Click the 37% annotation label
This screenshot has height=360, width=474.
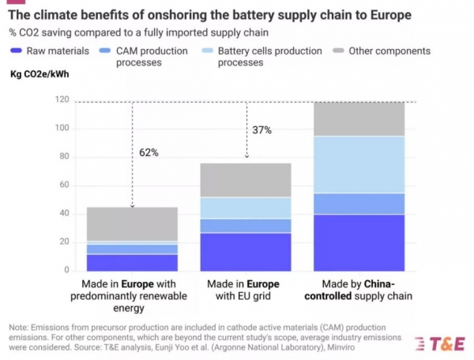click(x=261, y=129)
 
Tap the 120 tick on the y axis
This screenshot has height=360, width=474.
click(x=62, y=100)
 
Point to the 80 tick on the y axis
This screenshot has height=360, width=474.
click(x=64, y=157)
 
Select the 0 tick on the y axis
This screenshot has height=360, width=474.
click(x=66, y=271)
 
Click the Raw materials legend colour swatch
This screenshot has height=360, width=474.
click(x=16, y=51)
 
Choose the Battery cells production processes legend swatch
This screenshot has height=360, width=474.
click(x=206, y=51)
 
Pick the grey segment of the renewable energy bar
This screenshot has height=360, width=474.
click(x=133, y=224)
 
